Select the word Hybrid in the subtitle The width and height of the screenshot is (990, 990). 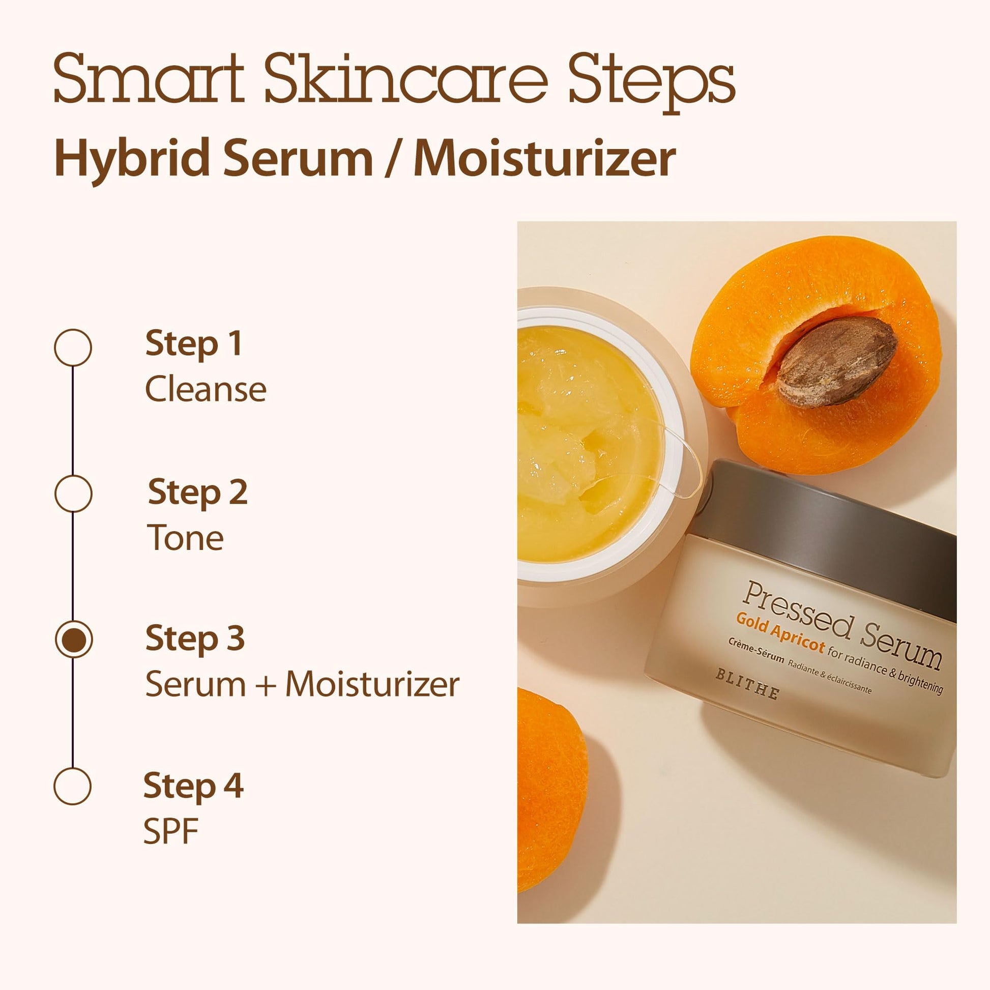[x=131, y=159]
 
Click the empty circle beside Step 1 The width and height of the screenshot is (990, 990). [x=73, y=347]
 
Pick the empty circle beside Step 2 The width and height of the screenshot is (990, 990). [x=73, y=493]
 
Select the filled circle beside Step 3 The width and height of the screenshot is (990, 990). [x=73, y=639]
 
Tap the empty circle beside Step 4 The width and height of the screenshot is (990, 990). [x=73, y=786]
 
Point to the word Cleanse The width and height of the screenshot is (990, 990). [x=206, y=390]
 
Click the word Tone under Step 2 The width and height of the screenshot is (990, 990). [x=186, y=538]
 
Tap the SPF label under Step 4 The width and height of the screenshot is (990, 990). [x=170, y=831]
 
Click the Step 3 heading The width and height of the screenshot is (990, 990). [x=195, y=638]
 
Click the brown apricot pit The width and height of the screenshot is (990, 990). [x=836, y=361]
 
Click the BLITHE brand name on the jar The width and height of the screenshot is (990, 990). [x=748, y=684]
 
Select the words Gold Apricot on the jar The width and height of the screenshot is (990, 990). [x=780, y=632]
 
